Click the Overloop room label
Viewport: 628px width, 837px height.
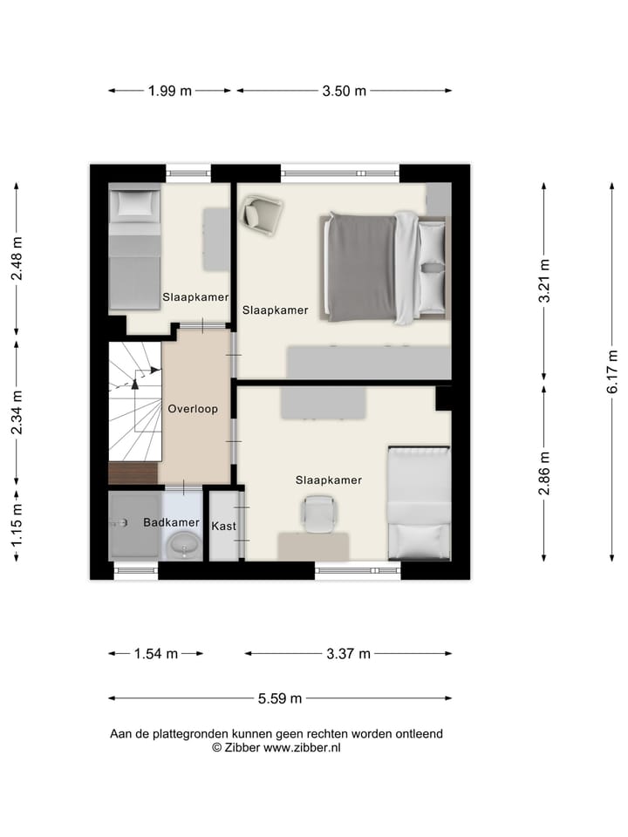(193, 408)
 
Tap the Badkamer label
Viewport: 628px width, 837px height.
(171, 523)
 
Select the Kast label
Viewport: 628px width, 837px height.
(223, 526)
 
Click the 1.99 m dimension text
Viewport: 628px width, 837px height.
(170, 91)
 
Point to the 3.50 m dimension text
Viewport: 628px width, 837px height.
(345, 91)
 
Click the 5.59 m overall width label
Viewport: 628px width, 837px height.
(280, 698)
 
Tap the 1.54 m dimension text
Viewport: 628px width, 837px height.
(156, 654)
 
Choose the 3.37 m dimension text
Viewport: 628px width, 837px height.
(348, 654)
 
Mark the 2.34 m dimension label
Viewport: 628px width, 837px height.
(17, 412)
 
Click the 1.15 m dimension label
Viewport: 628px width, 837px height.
(17, 527)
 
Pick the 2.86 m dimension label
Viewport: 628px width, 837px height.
(544, 473)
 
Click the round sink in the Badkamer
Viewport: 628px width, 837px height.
(183, 547)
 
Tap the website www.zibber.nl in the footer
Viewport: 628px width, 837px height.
(302, 747)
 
